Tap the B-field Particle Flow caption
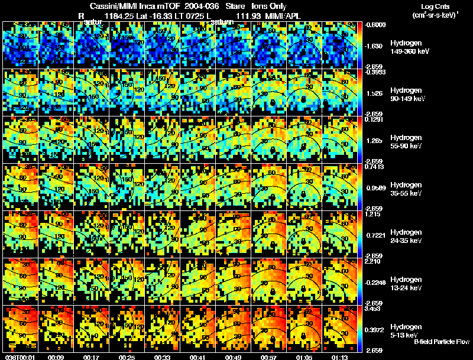click(x=441, y=342)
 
